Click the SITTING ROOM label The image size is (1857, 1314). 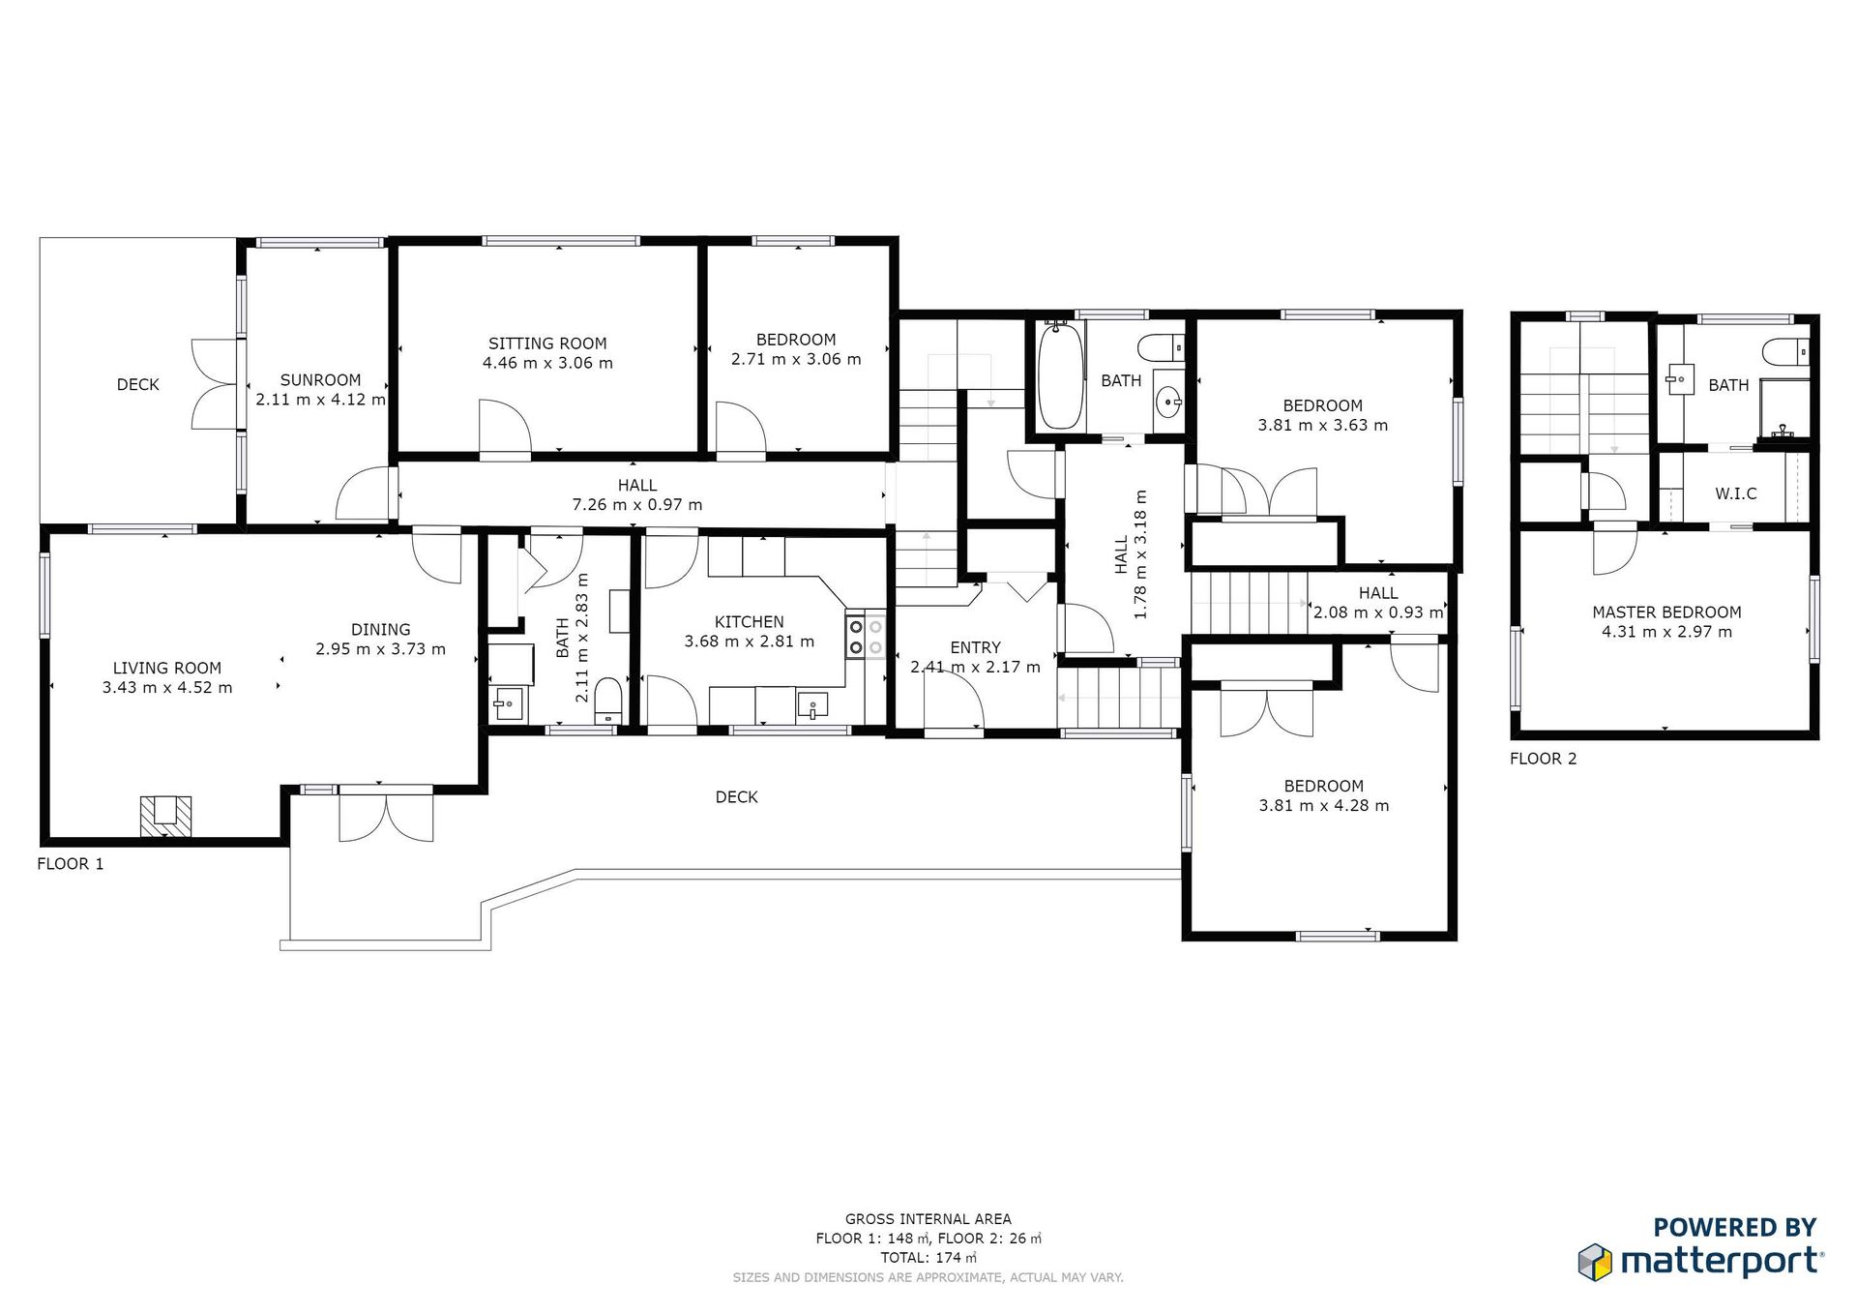[547, 343]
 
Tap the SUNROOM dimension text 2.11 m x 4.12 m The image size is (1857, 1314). [320, 400]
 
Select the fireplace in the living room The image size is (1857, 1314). [165, 816]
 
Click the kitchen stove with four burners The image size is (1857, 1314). [865, 635]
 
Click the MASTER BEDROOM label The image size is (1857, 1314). [1666, 612]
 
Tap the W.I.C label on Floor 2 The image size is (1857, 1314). [1736, 493]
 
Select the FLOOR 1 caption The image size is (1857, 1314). [71, 864]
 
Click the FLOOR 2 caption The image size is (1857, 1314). [1544, 759]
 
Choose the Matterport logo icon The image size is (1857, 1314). [1596, 1262]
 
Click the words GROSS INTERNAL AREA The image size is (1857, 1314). [928, 1219]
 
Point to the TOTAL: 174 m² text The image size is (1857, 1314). [928, 1258]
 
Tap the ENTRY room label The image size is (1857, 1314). [975, 648]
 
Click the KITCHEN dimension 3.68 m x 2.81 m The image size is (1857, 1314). [750, 642]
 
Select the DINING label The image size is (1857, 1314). [381, 630]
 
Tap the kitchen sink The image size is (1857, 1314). [812, 704]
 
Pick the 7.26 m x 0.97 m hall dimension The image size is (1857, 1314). [637, 505]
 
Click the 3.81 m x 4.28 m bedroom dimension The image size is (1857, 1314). [1324, 806]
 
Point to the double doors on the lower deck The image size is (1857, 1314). [386, 818]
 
